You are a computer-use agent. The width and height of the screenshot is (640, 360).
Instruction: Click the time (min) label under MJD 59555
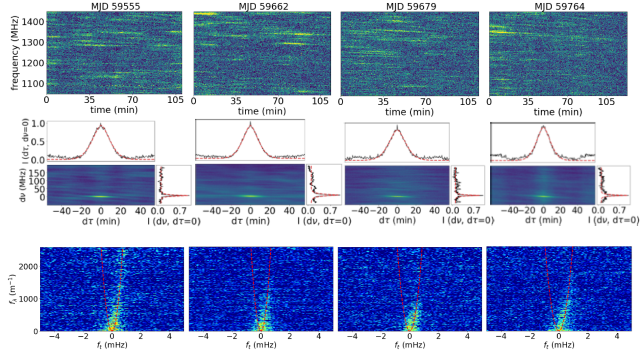[x=114, y=110]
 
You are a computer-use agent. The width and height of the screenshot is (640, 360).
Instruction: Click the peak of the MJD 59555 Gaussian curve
[x=101, y=124]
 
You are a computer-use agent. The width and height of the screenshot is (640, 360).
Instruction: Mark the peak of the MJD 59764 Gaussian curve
[x=543, y=126]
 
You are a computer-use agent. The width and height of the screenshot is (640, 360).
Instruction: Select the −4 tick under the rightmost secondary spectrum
[x=501, y=336]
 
